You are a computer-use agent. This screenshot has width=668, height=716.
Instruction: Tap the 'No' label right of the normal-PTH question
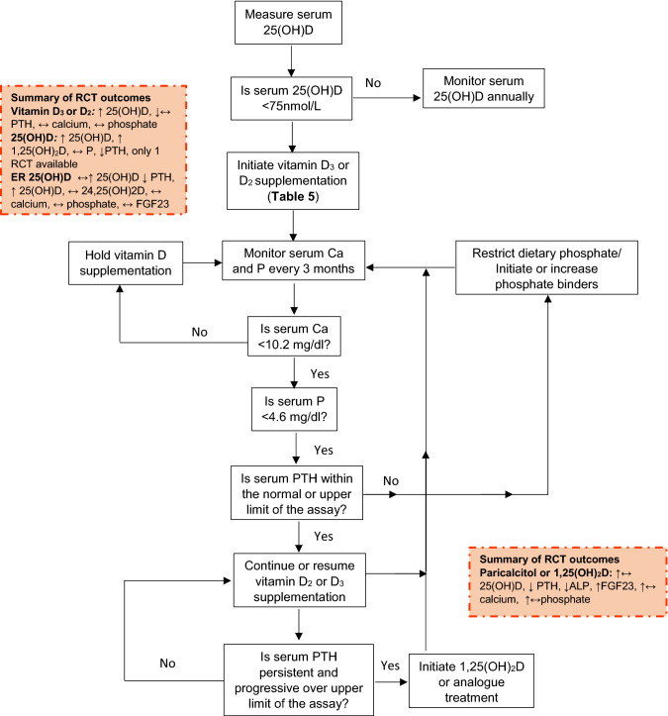(x=391, y=480)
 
